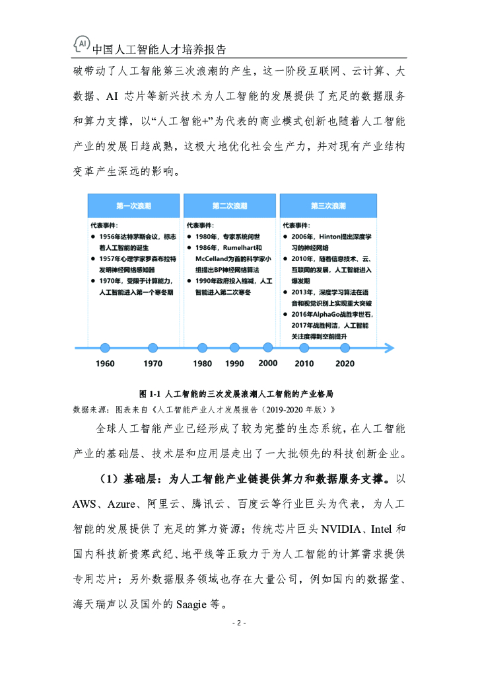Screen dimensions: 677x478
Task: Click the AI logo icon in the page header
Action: coord(81,44)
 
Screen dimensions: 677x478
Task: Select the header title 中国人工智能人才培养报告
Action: coord(159,50)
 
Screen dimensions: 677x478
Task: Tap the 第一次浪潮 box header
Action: coord(133,206)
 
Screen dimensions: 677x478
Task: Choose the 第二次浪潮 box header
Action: coord(229,206)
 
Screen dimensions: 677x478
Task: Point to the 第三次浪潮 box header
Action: coord(328,206)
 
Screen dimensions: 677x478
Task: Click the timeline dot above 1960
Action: coord(105,348)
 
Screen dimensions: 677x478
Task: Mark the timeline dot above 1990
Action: coord(234,348)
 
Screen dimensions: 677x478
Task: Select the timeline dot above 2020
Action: coord(345,348)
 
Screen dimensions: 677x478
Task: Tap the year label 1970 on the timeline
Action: coord(153,364)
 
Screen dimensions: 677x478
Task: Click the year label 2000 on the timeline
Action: coord(267,363)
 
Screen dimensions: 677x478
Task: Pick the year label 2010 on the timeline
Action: coord(304,364)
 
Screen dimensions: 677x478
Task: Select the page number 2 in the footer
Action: coord(238,623)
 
